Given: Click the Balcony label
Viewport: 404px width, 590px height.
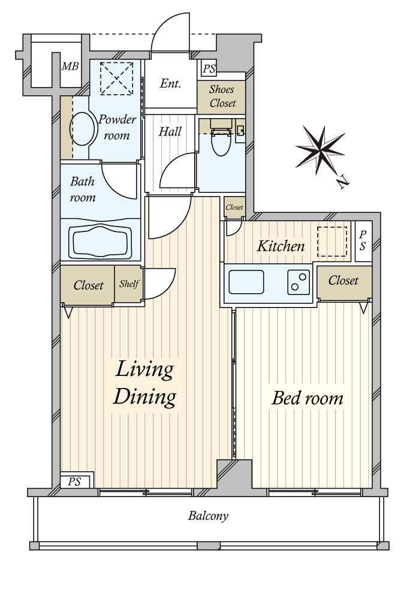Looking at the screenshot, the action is (x=208, y=516).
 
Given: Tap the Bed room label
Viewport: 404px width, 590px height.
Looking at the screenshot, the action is (x=307, y=398).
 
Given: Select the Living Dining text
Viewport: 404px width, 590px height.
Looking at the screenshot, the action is (x=145, y=383).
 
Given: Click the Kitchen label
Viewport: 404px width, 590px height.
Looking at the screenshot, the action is (x=281, y=246).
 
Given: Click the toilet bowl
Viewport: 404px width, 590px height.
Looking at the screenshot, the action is (x=221, y=143).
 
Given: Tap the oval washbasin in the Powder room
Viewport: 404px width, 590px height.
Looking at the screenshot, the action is (x=83, y=129).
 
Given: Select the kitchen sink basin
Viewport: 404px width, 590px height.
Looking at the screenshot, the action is (x=246, y=282).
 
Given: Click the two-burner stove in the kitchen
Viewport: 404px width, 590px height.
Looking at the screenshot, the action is (x=299, y=282).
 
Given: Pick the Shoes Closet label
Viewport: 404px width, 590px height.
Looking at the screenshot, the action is (x=222, y=97).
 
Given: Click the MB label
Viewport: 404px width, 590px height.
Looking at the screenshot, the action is (x=70, y=67).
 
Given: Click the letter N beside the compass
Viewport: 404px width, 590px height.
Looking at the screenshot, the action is (x=343, y=183).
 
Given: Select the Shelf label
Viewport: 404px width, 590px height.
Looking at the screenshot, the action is (x=129, y=284).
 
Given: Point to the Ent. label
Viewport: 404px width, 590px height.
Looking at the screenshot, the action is (x=170, y=83).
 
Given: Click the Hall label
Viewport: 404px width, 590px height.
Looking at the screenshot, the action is (x=170, y=132).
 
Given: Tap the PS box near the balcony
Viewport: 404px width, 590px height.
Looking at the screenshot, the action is (x=75, y=481).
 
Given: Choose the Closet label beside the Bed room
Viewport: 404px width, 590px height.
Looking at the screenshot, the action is (x=343, y=281).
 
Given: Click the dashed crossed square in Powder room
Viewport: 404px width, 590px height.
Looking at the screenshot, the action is (x=117, y=79).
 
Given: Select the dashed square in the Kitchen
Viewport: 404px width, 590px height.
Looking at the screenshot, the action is (x=332, y=242).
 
